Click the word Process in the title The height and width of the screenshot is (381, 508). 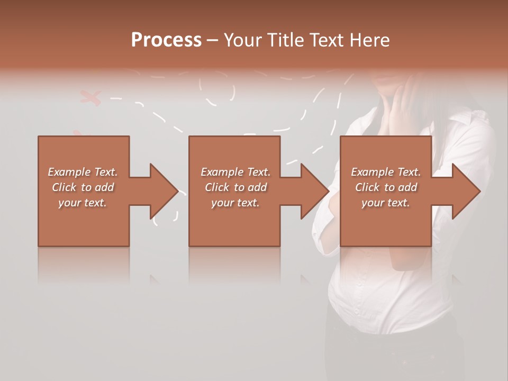point(166,40)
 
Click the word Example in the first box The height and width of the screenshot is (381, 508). point(69,172)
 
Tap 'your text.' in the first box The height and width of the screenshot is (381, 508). point(83,203)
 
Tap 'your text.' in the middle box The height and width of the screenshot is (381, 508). point(235,203)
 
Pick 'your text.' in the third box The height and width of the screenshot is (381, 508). point(386,203)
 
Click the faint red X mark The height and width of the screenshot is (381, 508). point(90,97)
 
